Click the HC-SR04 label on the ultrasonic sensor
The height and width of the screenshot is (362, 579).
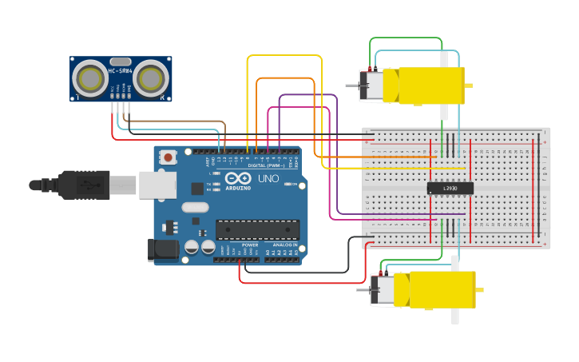121,70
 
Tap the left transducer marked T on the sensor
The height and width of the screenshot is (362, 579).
88,78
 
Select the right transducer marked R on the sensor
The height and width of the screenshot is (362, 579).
150,78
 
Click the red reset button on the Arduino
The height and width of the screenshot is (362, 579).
168,158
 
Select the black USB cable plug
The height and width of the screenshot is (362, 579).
84,185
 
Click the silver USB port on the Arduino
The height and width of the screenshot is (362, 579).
157,185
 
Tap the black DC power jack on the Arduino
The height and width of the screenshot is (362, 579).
163,249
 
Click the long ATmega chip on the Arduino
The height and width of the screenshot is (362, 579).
257,229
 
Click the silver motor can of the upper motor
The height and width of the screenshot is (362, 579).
371,85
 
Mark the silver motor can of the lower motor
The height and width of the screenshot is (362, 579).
384,289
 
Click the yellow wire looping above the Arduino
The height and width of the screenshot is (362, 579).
284,55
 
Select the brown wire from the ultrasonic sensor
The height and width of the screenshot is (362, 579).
176,122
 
